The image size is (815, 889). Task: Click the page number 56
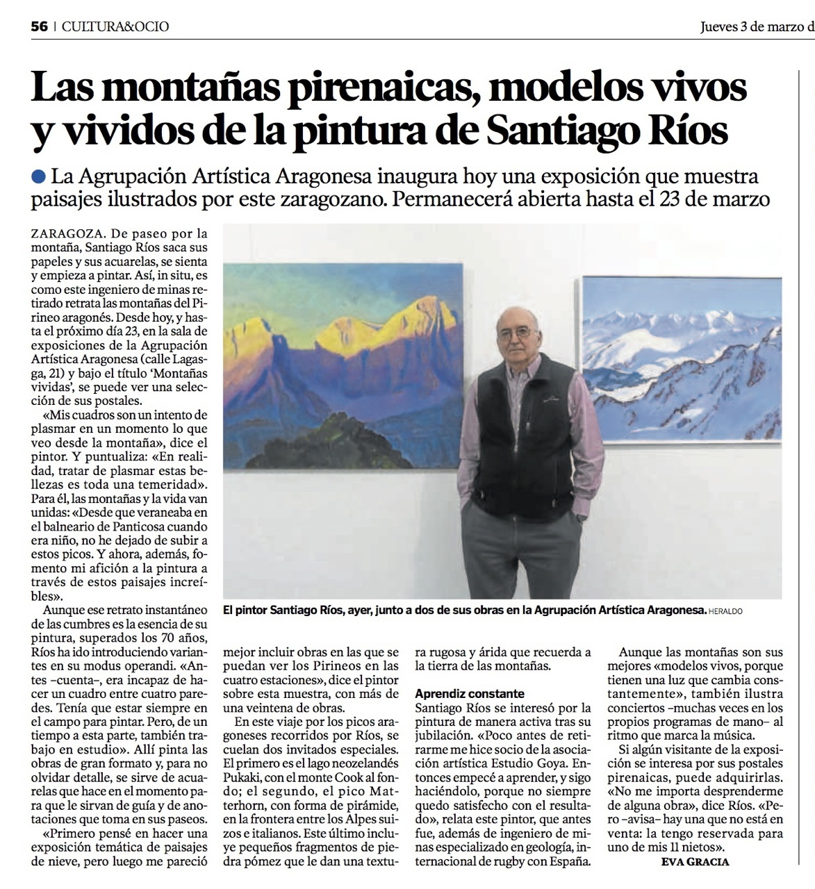40,26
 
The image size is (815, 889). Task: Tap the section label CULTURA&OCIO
115,26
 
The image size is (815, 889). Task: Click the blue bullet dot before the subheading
39,176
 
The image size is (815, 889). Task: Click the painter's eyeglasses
516,333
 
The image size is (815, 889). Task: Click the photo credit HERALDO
726,610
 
